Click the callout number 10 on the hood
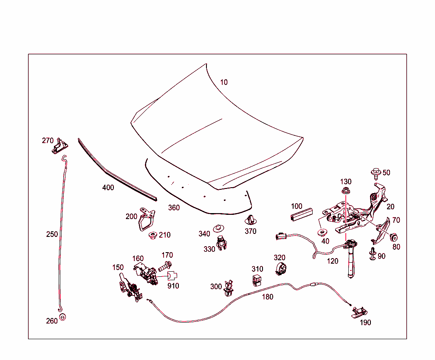coord(223,82)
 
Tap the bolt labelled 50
coord(376,173)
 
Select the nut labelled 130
coord(346,191)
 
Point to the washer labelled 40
coord(322,232)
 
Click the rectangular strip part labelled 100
coord(301,214)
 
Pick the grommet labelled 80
coord(393,237)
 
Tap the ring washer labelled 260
coord(63,317)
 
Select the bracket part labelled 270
coord(59,146)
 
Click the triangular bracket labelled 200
coord(147,219)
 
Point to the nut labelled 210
coord(153,236)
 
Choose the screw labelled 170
coord(165,266)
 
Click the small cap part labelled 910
coord(172,276)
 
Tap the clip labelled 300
coord(228,288)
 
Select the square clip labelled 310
coord(257,280)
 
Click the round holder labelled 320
coord(281,269)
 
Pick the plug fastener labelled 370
coord(251,220)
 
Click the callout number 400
coord(108,188)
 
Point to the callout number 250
coord(52,234)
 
